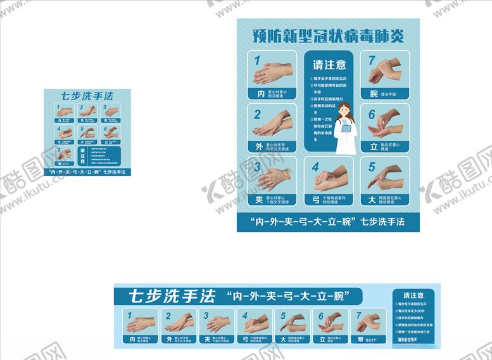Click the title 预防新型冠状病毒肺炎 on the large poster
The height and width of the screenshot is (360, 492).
[328, 35]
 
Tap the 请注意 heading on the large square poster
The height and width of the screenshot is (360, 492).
[329, 65]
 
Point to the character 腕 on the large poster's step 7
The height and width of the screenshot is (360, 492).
[374, 94]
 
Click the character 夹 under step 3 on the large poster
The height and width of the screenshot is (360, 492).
[258, 200]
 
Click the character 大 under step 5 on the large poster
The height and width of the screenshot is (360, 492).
[374, 200]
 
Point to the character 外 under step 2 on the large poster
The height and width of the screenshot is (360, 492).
[258, 146]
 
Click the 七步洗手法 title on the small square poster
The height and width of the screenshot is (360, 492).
[87, 96]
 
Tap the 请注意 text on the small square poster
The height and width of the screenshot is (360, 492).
[87, 155]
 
